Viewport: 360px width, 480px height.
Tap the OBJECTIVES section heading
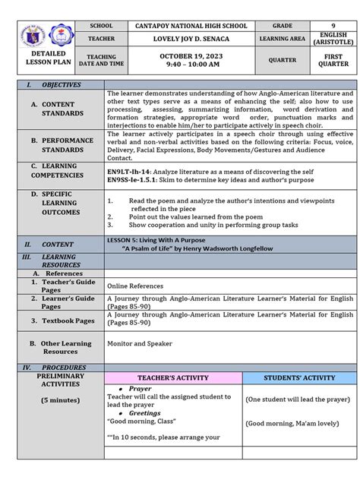(62, 84)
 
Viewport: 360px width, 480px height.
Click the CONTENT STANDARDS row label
(63, 109)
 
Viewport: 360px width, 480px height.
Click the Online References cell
(135, 286)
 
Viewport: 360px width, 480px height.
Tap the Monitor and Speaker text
(140, 343)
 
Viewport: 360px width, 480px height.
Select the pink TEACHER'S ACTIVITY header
(172, 377)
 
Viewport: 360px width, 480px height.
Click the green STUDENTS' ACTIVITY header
(298, 377)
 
